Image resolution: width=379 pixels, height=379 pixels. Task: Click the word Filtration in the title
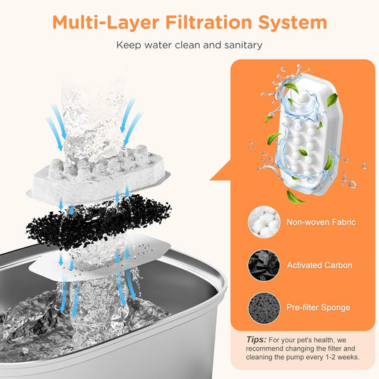point(208,22)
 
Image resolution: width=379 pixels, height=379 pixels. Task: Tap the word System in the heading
point(293,23)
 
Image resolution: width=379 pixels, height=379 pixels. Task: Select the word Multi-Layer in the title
point(106,23)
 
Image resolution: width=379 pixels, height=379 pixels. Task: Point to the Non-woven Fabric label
point(321,222)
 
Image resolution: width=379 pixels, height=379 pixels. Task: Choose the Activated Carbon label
point(319,265)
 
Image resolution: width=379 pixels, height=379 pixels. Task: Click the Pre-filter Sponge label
point(319,307)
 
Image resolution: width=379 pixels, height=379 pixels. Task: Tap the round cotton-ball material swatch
point(264,222)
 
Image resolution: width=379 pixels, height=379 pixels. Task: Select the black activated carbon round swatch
point(264,265)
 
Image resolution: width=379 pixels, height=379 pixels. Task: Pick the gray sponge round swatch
point(264,308)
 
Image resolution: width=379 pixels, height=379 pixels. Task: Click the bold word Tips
point(256,340)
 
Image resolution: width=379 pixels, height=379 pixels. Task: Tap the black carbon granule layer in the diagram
point(98,221)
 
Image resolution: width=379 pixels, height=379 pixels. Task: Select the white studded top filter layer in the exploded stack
point(98,175)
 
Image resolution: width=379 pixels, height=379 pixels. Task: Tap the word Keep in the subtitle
point(128,46)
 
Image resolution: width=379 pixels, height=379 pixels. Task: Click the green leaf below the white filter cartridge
point(295,197)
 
